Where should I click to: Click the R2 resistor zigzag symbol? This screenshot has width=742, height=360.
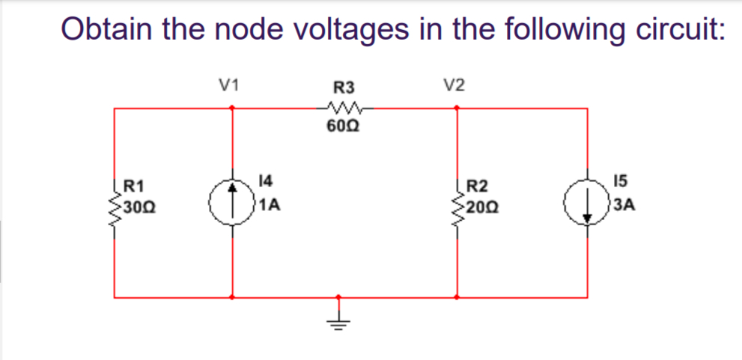[x=458, y=203]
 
